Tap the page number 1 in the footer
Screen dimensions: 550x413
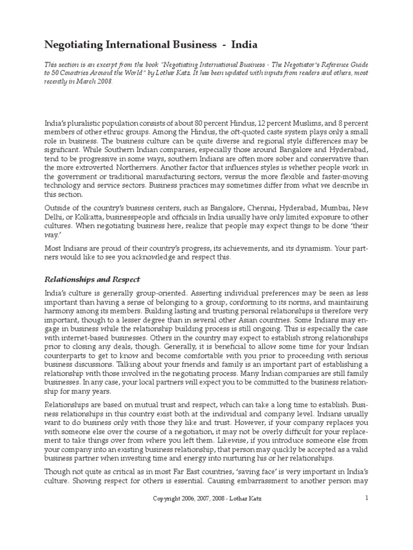coord(367,497)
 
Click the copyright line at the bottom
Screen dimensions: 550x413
coord(206,498)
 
